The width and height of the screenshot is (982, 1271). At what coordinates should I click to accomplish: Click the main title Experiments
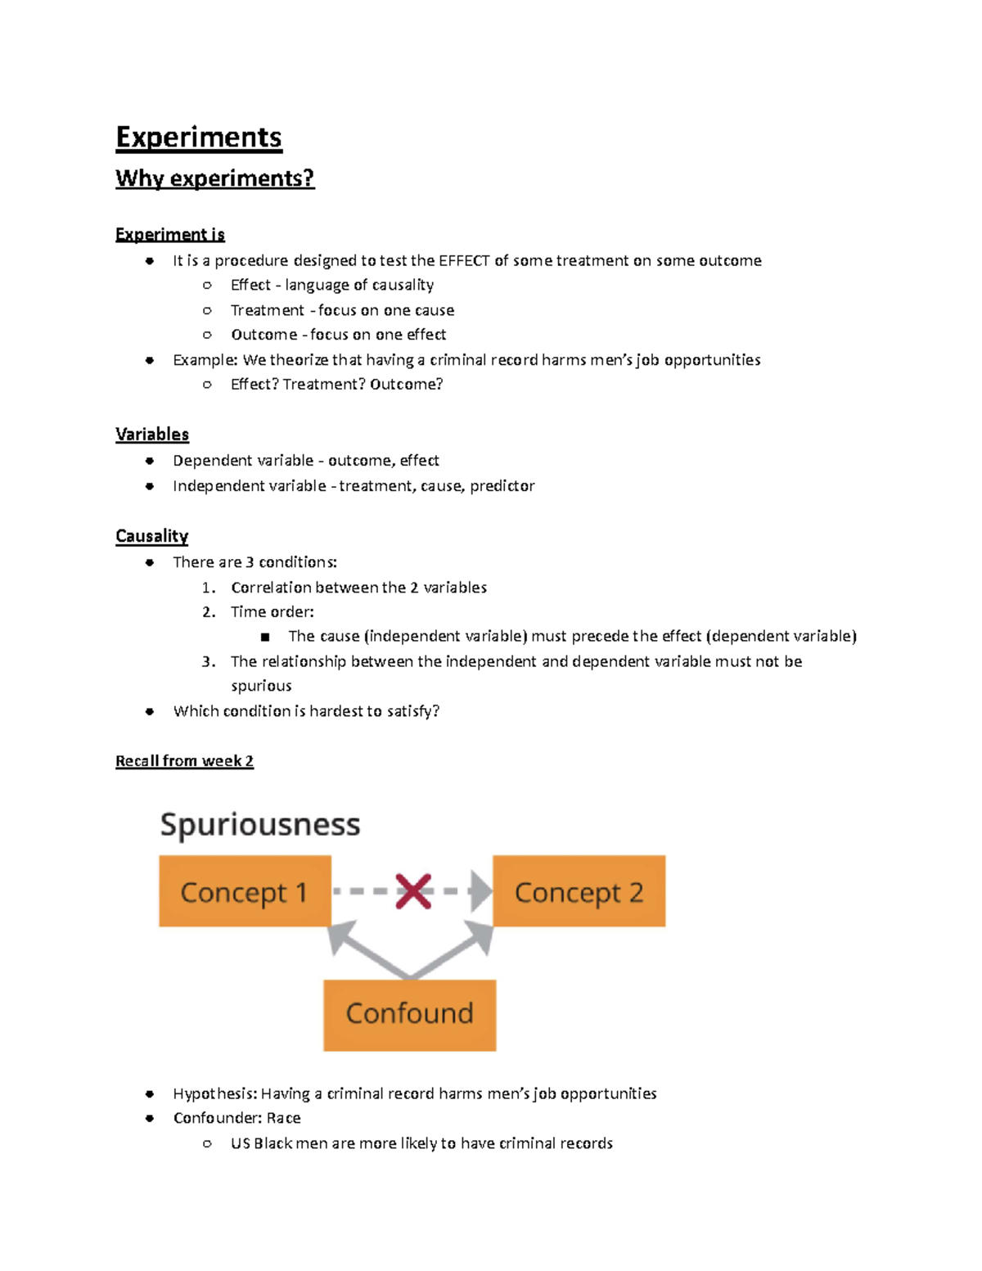tap(199, 137)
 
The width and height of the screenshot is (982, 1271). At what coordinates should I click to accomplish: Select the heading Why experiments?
tap(214, 178)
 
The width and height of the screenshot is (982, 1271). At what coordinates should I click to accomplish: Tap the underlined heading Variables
tap(152, 435)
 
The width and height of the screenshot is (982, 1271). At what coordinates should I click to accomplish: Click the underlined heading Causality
tap(151, 536)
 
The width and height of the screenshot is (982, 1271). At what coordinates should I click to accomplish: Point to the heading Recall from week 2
tap(184, 761)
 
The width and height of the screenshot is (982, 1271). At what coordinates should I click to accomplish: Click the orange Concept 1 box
tap(245, 891)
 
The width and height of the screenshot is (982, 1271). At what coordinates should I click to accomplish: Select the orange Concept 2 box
tap(579, 891)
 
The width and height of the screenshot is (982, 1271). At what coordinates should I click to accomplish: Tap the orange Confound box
tap(409, 1014)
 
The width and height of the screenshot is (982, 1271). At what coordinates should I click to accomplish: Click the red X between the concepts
tap(413, 891)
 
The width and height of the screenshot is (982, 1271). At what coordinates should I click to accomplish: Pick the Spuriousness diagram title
tap(260, 824)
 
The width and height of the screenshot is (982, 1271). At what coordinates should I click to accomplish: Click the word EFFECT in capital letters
tap(464, 261)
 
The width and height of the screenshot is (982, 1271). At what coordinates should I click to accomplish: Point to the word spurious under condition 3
tap(261, 686)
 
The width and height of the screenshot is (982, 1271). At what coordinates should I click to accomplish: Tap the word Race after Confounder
tap(283, 1118)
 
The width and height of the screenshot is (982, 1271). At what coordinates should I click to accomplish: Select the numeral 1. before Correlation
tap(209, 588)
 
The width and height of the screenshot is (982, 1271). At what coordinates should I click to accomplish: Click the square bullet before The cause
tap(264, 637)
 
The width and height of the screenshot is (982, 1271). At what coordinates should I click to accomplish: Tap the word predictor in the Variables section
tap(502, 486)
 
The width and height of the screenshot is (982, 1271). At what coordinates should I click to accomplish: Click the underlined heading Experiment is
tap(169, 235)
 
